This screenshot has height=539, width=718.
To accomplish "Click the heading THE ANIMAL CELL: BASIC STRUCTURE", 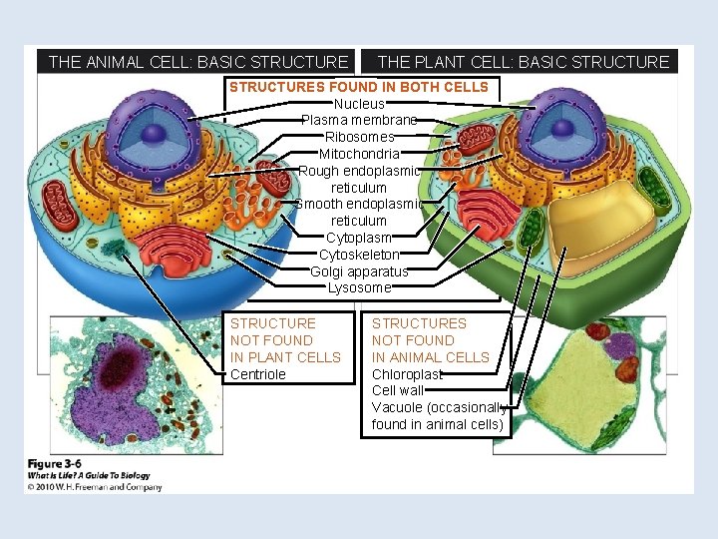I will [197, 62].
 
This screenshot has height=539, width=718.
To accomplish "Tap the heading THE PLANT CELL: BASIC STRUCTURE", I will [524, 62].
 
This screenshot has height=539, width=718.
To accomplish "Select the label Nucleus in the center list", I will [359, 104].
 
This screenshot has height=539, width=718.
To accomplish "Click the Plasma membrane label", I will [359, 121].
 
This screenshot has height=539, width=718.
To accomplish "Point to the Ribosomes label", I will [359, 137].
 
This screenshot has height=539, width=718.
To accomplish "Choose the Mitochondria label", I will [359, 154].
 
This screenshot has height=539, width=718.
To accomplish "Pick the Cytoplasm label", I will [359, 238].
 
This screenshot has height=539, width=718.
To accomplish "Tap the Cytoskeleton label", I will [359, 255].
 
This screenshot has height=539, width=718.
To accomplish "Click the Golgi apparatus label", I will [359, 271].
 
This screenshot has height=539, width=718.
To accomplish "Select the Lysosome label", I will [359, 287].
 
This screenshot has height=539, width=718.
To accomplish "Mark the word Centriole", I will [258, 374].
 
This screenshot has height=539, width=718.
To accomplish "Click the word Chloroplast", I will [407, 374].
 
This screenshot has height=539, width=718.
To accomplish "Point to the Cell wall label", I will [398, 391].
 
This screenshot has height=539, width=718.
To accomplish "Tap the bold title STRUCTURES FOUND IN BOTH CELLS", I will [359, 87].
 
